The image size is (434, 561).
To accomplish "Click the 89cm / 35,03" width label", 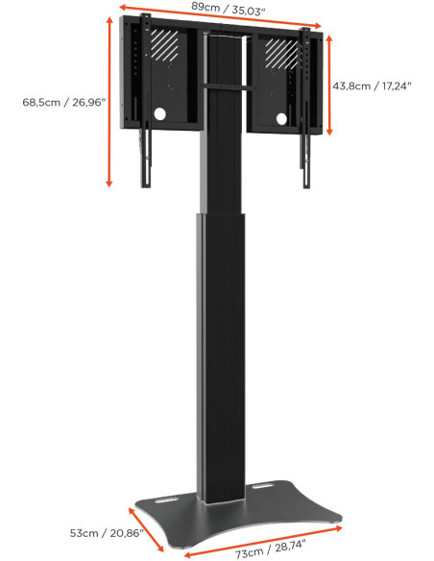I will click(226, 7).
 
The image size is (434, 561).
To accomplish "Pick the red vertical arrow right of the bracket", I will click(329, 85).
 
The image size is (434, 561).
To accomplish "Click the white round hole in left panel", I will click(158, 115).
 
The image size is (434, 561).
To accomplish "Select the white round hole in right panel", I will click(282, 119).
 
